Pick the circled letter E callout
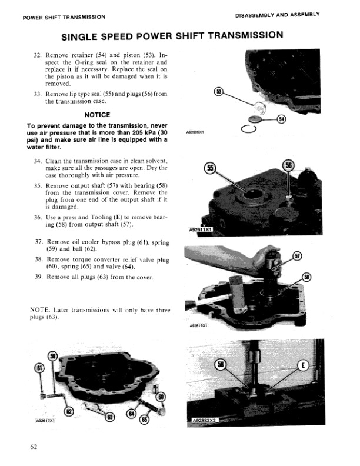click(x=303, y=365)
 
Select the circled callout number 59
click(x=52, y=355)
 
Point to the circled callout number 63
click(x=109, y=417)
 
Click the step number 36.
click(x=38, y=218)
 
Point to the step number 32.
click(x=38, y=54)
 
